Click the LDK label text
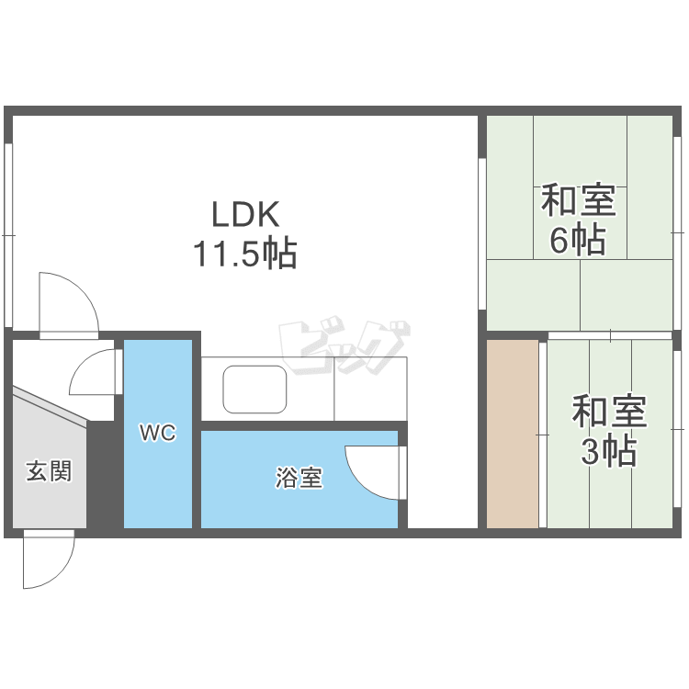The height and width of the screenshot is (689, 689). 245,214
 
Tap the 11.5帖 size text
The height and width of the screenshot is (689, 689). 245,254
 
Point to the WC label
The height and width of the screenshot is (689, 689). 158,433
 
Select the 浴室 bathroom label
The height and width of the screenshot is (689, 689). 299,477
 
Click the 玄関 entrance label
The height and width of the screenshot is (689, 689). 49,471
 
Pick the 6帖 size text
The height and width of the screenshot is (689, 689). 578,240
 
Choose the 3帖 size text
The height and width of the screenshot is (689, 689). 608,450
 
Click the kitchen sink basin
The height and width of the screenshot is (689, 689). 254,390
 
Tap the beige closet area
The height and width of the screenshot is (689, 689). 513,434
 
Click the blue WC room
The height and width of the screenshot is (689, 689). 158,434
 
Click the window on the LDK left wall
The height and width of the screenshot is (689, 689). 8,235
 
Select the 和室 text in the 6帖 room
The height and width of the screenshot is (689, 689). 578,200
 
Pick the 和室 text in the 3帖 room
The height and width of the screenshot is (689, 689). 609,412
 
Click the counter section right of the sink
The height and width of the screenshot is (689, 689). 370,389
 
